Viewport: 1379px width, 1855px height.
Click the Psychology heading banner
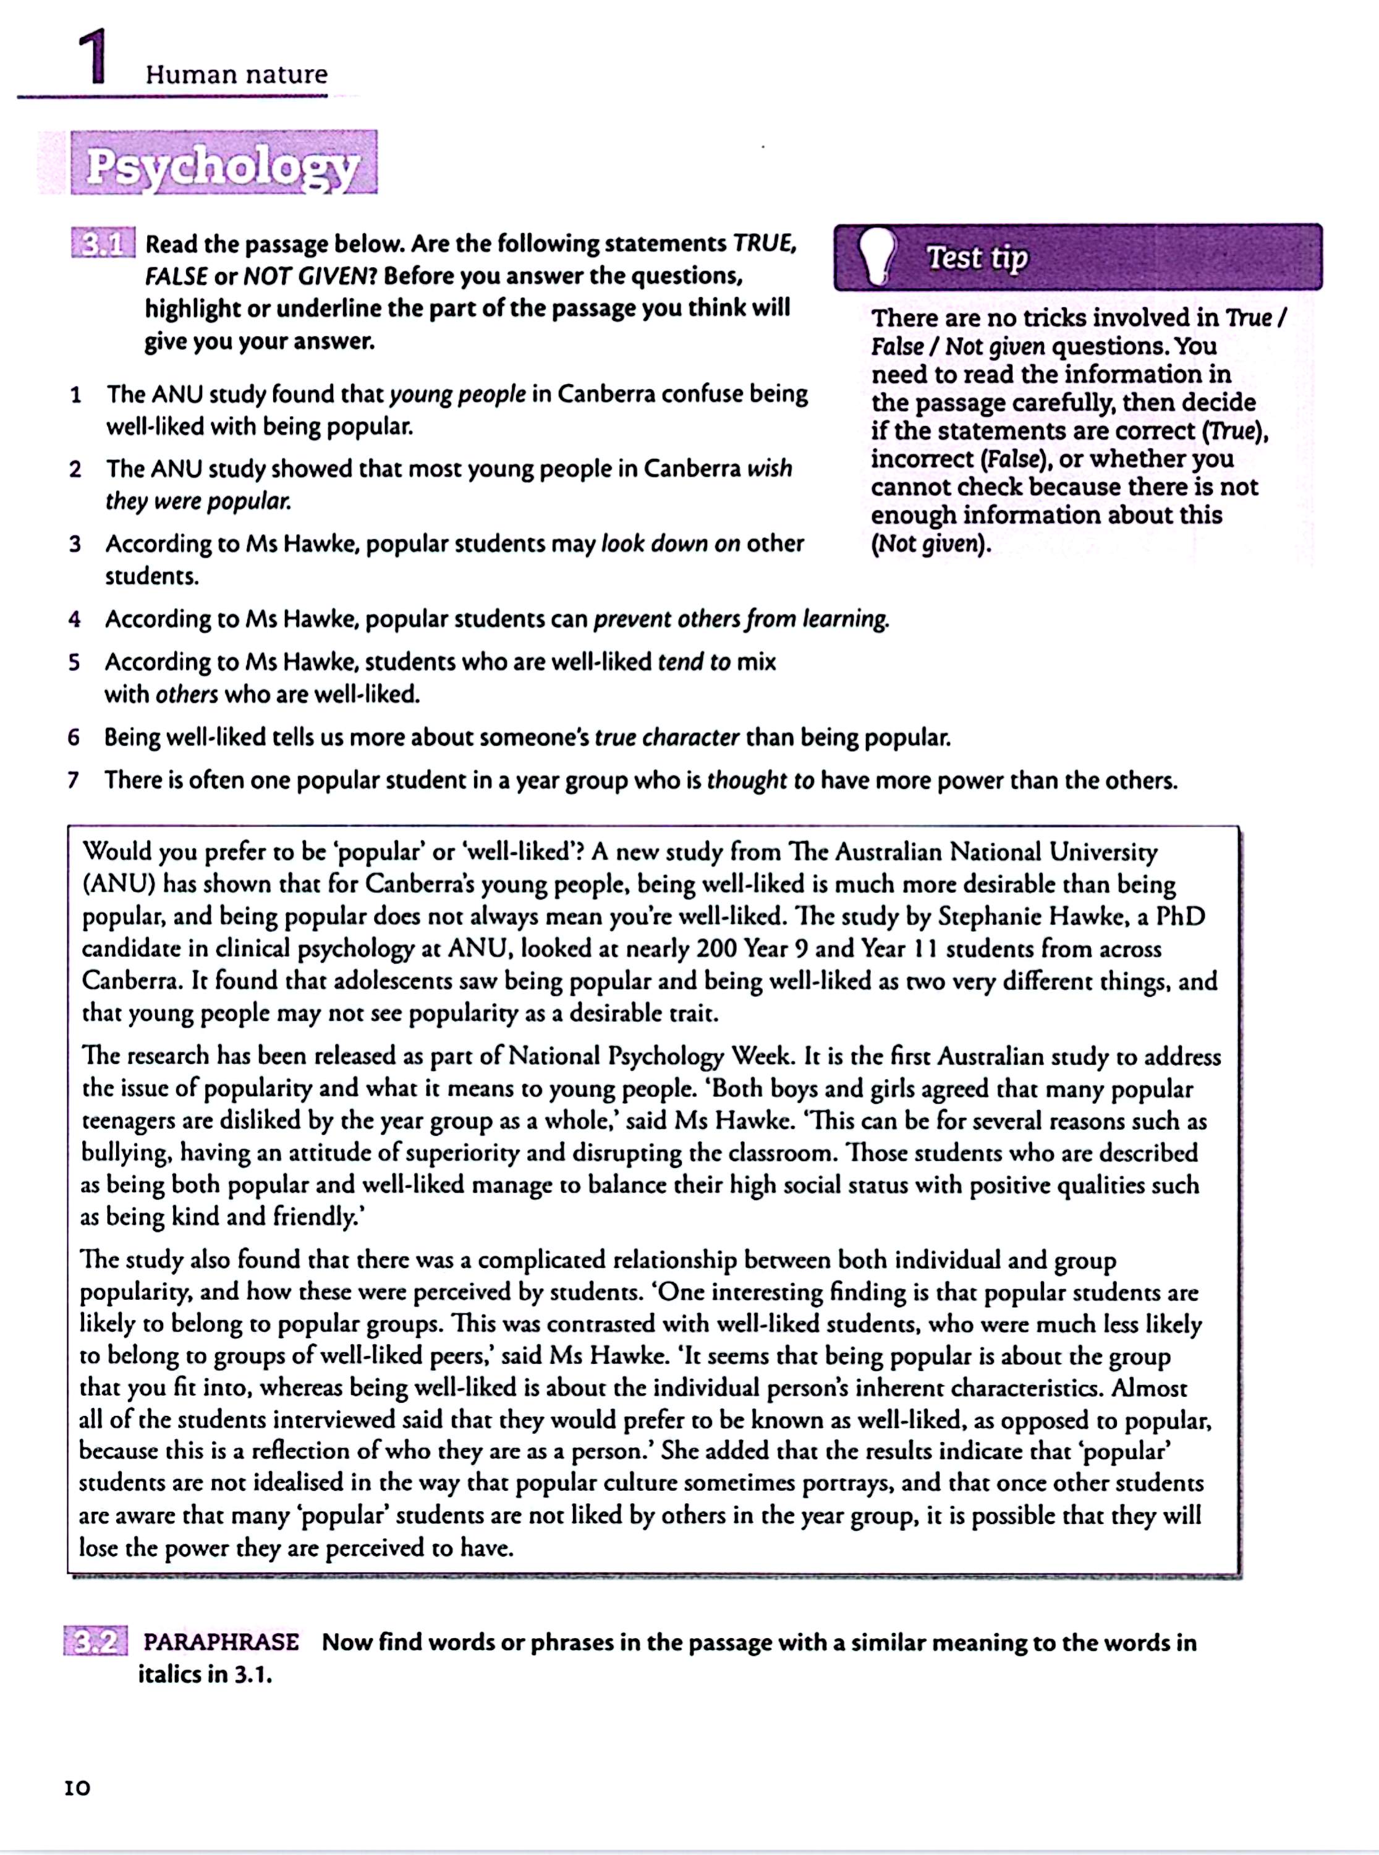224,164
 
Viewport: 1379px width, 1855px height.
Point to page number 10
78,1788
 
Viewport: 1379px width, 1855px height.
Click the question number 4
75,620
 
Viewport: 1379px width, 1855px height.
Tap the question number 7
74,780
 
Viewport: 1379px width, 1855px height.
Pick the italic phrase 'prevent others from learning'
741,620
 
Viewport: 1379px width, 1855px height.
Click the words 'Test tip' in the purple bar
977,257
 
